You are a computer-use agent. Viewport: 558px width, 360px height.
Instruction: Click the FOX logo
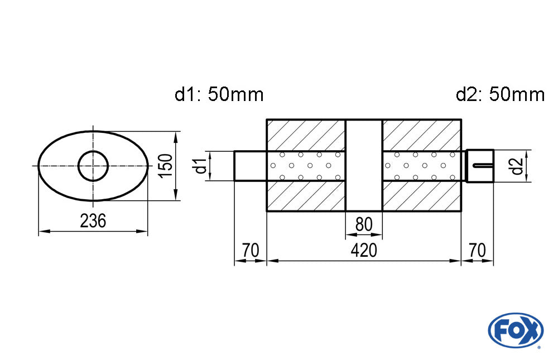pos(515,330)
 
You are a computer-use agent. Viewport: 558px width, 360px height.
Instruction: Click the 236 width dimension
pos(93,222)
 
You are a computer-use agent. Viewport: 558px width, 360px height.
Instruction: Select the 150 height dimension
pos(166,166)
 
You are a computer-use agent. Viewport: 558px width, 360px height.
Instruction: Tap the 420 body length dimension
pos(364,251)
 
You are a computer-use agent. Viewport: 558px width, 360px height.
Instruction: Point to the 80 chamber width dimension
pos(364,224)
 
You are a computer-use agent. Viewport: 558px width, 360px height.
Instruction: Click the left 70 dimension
pos(251,251)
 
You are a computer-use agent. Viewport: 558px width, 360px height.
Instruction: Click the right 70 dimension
pos(477,251)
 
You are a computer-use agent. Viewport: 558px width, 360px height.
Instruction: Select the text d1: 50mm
pos(219,95)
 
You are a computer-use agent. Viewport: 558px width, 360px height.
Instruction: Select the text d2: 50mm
pos(500,95)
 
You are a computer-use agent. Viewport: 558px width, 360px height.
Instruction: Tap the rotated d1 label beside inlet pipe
pos(199,166)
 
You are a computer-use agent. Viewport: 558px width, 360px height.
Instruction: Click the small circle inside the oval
pos(93,166)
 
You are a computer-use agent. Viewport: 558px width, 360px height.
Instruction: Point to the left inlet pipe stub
pos(250,166)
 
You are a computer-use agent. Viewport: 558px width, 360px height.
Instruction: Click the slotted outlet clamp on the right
pos(480,166)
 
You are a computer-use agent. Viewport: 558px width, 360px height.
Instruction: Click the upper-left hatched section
pos(306,135)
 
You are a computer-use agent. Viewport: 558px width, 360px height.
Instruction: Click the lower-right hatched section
pos(422,196)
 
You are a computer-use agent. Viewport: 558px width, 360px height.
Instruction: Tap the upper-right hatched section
pos(422,135)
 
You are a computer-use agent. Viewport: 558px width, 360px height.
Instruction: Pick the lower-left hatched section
pos(306,196)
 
